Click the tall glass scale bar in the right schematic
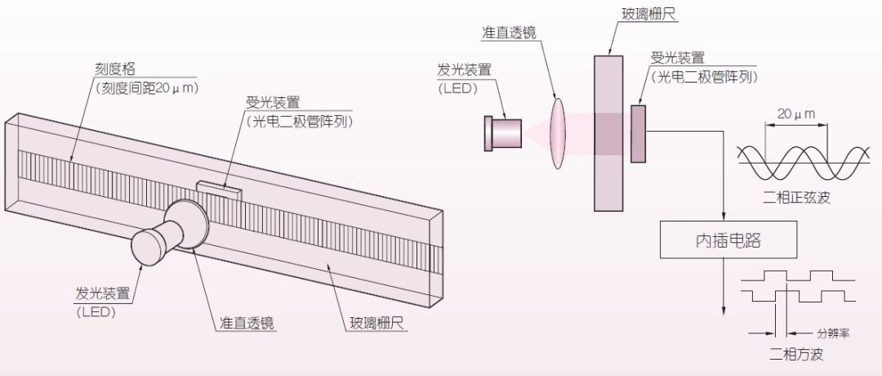pos(608,131)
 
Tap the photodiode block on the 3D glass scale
pos(218,190)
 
